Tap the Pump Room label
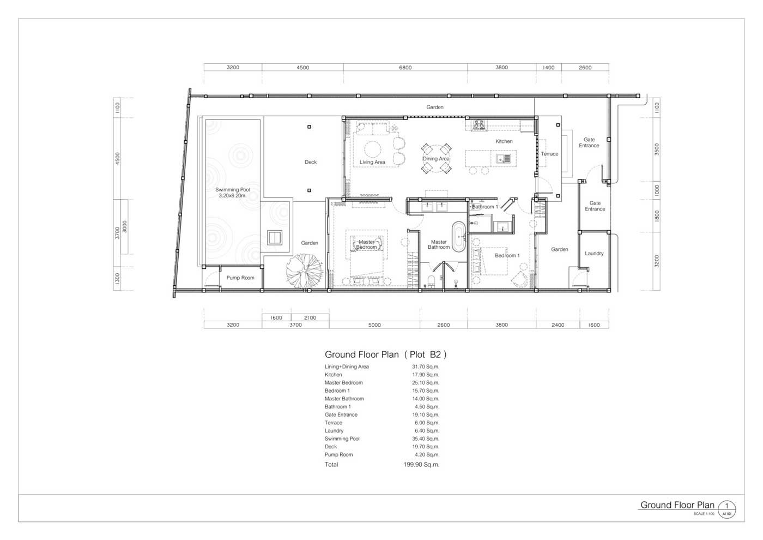[x=240, y=278]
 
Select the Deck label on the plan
[x=310, y=162]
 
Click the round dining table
[x=436, y=159]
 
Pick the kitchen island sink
[x=503, y=158]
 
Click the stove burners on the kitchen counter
[x=479, y=124]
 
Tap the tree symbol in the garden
[x=304, y=271]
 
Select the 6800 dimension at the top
[x=405, y=68]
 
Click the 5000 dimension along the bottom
[x=374, y=325]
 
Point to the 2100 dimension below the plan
[x=310, y=317]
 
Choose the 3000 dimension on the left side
[x=125, y=227]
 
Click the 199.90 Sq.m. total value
[x=421, y=464]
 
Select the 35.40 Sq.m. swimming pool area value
[x=426, y=439]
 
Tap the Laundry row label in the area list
[x=334, y=430]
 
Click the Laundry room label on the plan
[x=594, y=253]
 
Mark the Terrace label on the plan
[x=549, y=154]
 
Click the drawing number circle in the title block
[x=726, y=509]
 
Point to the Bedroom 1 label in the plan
[x=507, y=255]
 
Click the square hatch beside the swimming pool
[x=275, y=237]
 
